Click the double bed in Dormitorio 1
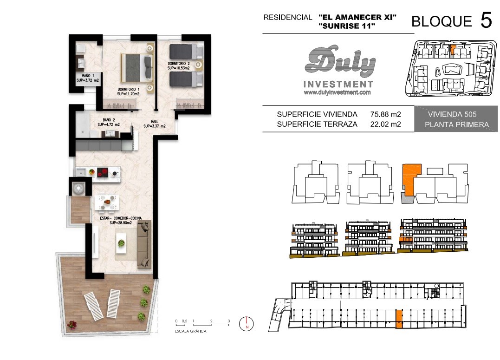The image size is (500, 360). click(x=137, y=68)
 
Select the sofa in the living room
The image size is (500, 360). click(x=144, y=245)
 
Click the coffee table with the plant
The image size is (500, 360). click(x=121, y=243)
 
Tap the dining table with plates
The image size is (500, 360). click(x=107, y=202)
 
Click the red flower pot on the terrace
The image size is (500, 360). click(x=72, y=325)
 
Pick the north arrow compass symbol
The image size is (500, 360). click(x=247, y=324)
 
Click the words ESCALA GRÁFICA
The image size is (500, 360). click(x=191, y=331)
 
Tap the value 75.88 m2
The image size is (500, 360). click(x=385, y=114)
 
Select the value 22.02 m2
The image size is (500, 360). click(x=385, y=124)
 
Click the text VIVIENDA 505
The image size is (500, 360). click(x=452, y=114)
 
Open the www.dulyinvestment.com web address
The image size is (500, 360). click(x=338, y=92)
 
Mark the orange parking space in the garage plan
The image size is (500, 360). click(x=399, y=319)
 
